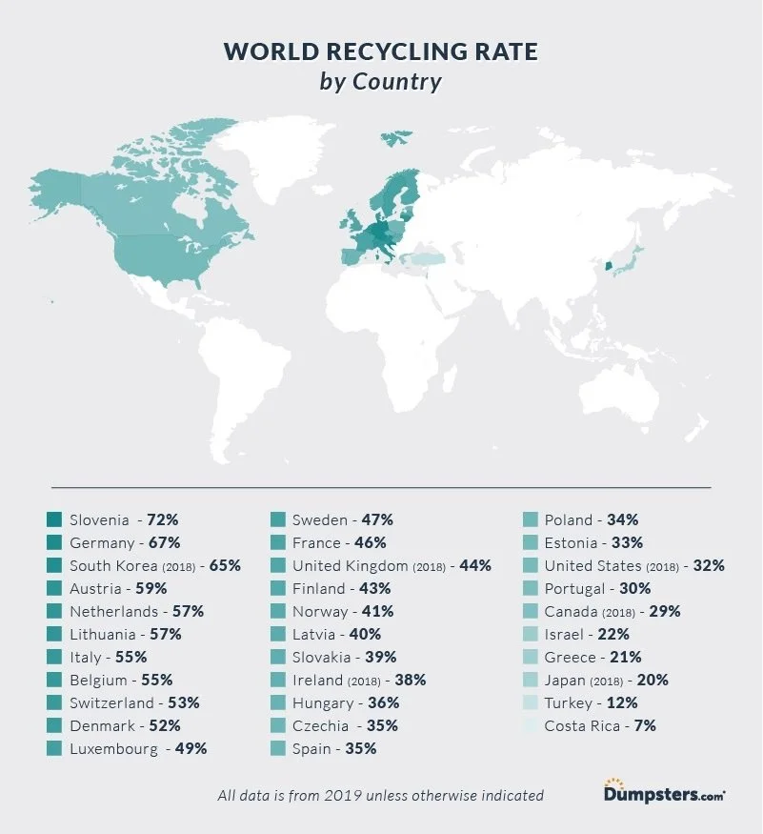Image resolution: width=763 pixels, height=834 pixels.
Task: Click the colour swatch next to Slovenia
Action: coord(53,519)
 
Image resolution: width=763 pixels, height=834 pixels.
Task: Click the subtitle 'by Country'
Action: coord(381,81)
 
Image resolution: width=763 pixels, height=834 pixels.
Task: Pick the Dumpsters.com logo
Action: coord(664,791)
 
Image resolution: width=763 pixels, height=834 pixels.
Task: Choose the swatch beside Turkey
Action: coord(531,702)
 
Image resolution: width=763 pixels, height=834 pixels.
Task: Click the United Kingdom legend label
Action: coord(349,565)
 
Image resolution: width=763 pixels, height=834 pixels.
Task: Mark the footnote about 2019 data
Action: coord(380,795)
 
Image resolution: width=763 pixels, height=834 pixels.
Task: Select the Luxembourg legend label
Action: coord(114,748)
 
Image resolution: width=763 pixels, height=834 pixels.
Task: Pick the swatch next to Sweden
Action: coord(278,519)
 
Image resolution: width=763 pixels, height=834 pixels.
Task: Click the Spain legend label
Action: coord(312,748)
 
